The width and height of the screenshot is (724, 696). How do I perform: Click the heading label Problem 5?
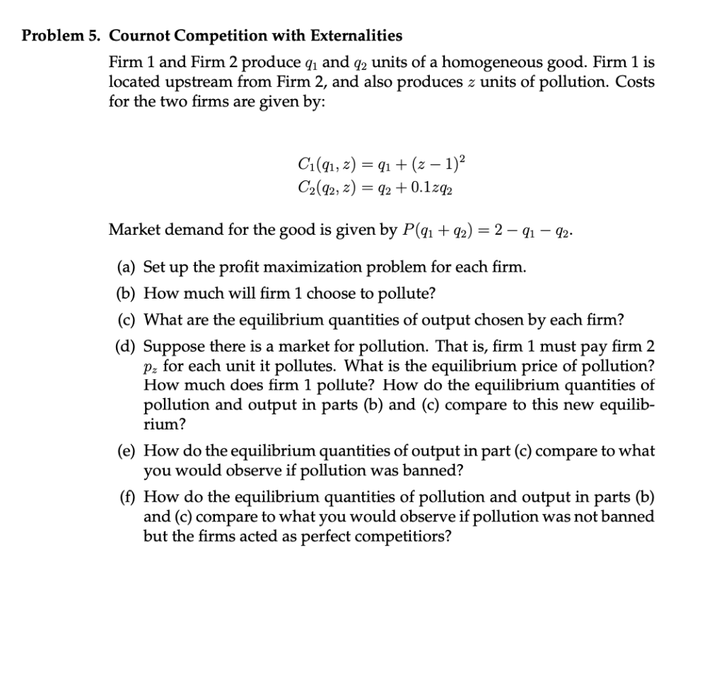(62, 35)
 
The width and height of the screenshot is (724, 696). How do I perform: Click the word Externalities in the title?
(356, 35)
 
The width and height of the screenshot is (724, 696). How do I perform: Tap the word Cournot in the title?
(140, 35)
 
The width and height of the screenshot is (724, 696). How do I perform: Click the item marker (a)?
(126, 267)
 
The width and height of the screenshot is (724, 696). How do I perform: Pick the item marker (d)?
(126, 347)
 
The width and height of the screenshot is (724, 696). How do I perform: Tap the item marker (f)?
(127, 497)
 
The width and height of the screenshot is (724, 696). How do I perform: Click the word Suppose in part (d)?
(170, 347)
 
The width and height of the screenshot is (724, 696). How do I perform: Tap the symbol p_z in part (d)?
(151, 368)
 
